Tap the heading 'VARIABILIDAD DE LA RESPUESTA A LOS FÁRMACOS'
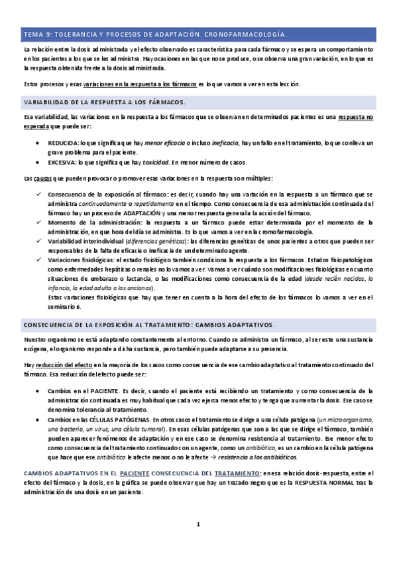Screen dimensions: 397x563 (x=104, y=102)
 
